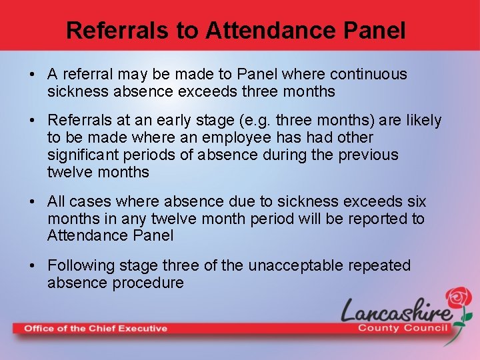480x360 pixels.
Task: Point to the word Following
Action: [x=79, y=265]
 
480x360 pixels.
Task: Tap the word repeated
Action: [x=381, y=265]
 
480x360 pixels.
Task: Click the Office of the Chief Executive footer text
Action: [x=95, y=328]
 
